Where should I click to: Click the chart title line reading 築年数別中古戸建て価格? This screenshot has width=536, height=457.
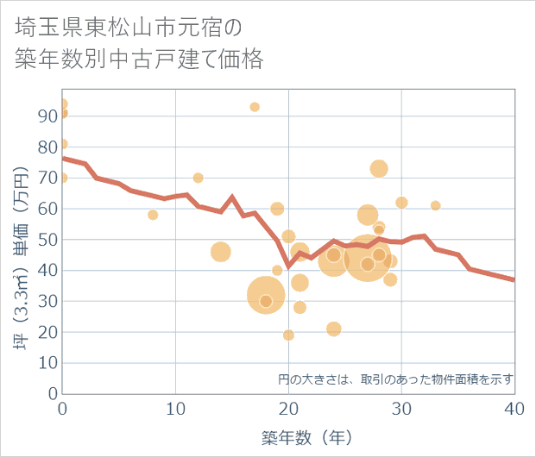pos(139,59)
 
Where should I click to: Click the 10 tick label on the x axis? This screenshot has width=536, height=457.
pos(176,409)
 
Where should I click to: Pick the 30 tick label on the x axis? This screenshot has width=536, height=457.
pos(401,409)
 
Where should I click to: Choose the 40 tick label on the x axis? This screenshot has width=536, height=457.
pos(514,409)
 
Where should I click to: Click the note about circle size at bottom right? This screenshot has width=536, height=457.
pos(395,379)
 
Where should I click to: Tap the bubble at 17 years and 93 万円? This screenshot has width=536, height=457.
pos(255,107)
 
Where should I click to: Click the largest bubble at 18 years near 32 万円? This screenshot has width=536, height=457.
pos(266,295)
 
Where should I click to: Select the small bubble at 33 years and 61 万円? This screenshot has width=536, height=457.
pos(435,205)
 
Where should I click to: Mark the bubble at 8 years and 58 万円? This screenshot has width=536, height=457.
pos(153,215)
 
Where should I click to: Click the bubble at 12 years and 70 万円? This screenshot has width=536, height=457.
pos(198,178)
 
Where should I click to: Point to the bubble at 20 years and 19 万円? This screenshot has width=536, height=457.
pos(288,335)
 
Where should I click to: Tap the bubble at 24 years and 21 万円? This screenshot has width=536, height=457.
pos(333,329)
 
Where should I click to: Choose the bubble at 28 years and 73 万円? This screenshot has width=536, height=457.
pos(379,168)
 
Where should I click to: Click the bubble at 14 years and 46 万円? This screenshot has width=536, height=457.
pos(220,252)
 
